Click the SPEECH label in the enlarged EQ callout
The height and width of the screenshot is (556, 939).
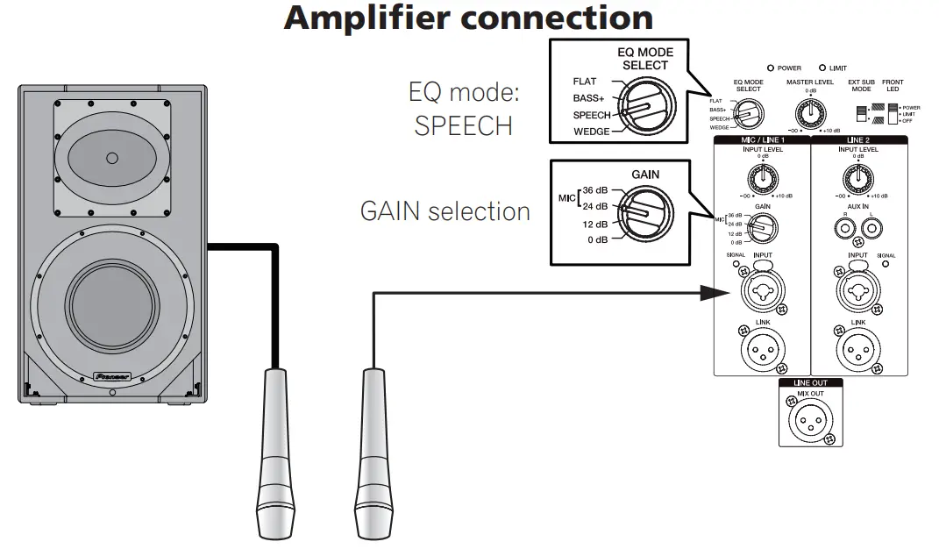[x=592, y=116]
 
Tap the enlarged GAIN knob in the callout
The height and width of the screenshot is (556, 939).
[x=641, y=211]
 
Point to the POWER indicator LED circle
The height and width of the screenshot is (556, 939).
[x=770, y=68]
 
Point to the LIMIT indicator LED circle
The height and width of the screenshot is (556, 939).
[x=822, y=68]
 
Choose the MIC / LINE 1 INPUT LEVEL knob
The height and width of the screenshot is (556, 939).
[x=765, y=178]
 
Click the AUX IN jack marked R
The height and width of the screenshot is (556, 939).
[x=846, y=230]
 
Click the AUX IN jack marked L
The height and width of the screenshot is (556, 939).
[x=871, y=230]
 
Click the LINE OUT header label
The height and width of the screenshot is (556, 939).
[x=810, y=382]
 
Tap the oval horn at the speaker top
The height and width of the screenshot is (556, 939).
[x=111, y=159]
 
